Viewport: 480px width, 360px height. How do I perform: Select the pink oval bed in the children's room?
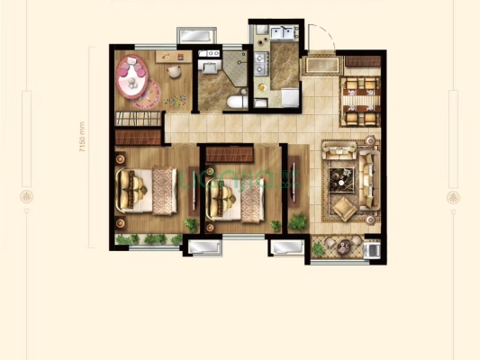[132, 76]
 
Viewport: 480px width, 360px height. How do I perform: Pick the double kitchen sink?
[260, 63]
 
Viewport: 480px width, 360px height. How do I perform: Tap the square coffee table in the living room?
[342, 177]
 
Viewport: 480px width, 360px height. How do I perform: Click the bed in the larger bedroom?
[144, 190]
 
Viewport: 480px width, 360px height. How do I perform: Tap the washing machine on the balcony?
[373, 247]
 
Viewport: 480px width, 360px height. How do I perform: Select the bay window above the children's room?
[196, 35]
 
